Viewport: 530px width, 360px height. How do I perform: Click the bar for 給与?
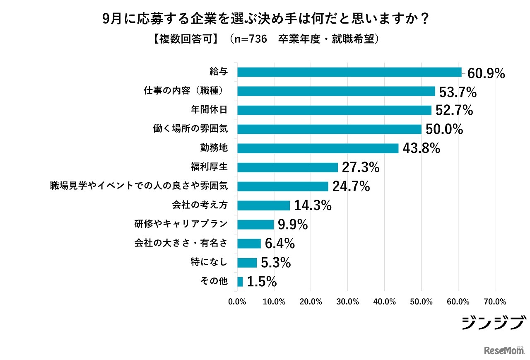(x=349, y=72)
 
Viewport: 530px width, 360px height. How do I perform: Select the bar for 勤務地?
(x=318, y=148)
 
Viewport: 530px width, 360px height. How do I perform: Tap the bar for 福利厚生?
(x=287, y=167)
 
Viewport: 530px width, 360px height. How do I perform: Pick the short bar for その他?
(x=240, y=282)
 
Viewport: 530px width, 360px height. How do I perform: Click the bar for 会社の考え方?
(x=263, y=205)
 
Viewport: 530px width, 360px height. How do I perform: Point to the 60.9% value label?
(x=486, y=73)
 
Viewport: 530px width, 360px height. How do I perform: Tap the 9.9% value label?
(x=293, y=225)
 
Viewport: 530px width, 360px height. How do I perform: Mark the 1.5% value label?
(x=262, y=282)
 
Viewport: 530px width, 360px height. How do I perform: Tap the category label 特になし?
(x=210, y=262)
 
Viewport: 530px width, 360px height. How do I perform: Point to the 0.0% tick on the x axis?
(x=237, y=302)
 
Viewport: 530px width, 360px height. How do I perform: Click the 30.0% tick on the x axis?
(x=348, y=302)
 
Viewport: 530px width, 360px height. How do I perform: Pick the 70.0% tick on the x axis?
(x=495, y=302)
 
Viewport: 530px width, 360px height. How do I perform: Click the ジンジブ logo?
(x=494, y=323)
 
